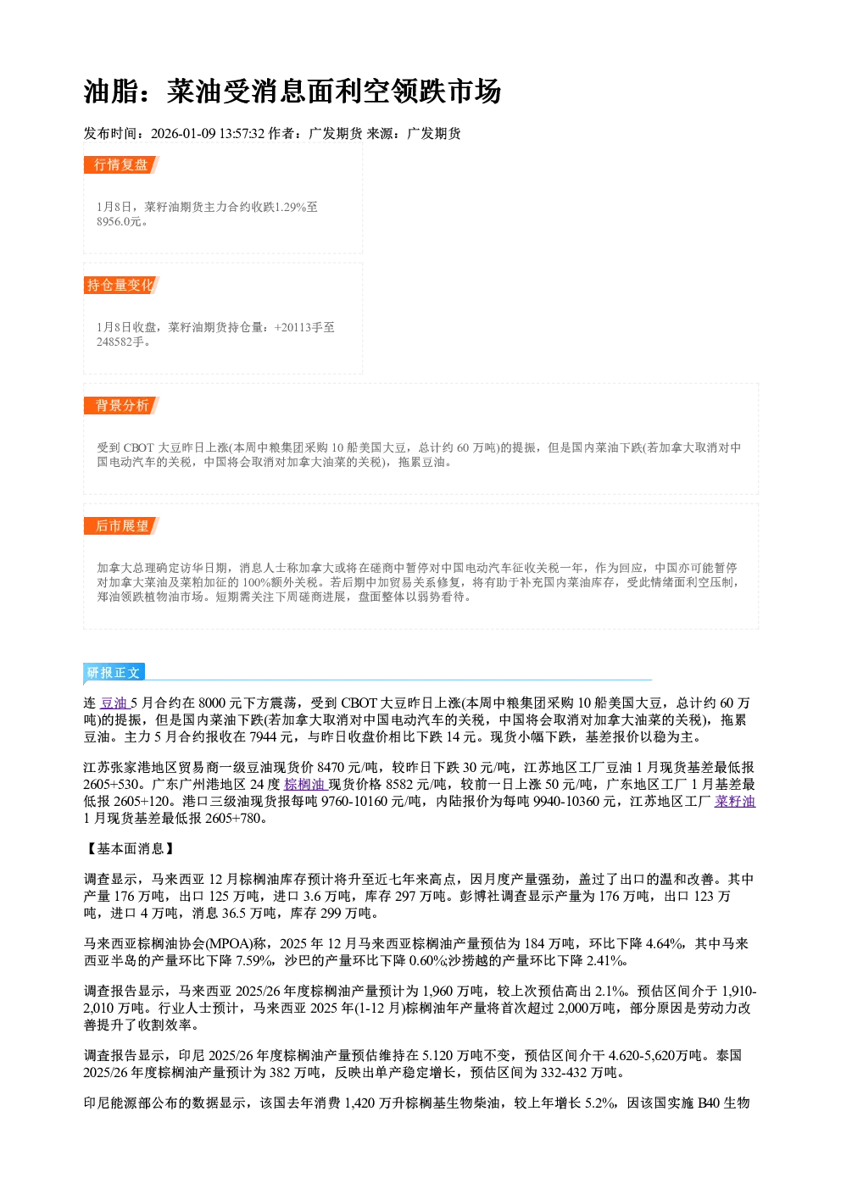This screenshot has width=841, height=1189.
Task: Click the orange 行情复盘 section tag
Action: pyautogui.click(x=121, y=164)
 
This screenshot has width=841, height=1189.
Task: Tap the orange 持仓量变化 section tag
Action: pyautogui.click(x=121, y=285)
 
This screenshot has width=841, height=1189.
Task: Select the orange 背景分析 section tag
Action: pyautogui.click(x=121, y=406)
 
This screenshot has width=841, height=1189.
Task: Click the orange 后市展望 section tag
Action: pyautogui.click(x=121, y=526)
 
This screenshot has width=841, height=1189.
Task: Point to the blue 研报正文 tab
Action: pyautogui.click(x=114, y=673)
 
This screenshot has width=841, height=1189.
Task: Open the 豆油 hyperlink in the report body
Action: pyautogui.click(x=114, y=703)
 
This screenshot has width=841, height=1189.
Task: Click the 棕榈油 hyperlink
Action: pyautogui.click(x=304, y=785)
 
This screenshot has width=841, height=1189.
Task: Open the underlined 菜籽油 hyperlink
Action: pyautogui.click(x=735, y=802)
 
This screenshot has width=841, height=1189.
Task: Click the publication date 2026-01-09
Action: pyautogui.click(x=183, y=134)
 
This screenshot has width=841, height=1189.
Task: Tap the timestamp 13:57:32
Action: pyautogui.click(x=242, y=134)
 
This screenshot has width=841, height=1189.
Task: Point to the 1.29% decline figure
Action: pyautogui.click(x=291, y=207)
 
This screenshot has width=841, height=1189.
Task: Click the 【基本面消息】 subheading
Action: pyautogui.click(x=130, y=849)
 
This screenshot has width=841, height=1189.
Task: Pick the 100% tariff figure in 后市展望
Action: pyautogui.click(x=256, y=583)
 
